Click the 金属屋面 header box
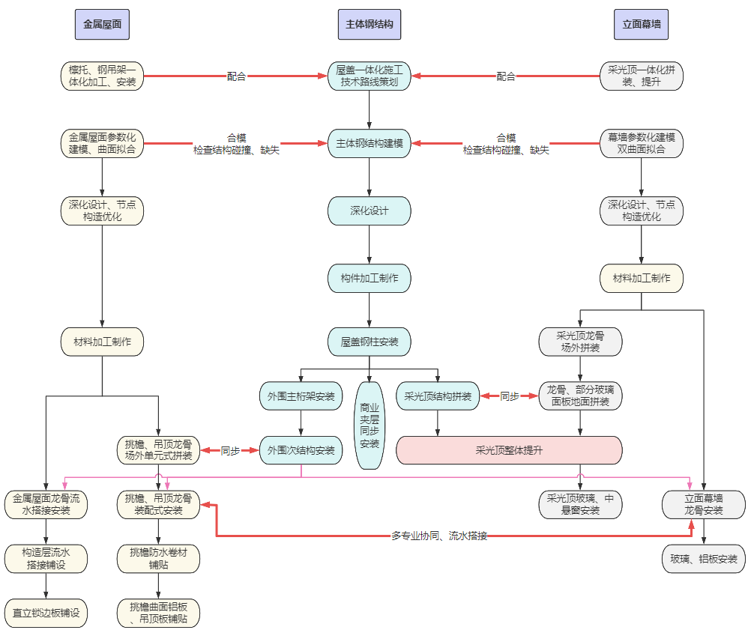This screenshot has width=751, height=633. (x=102, y=25)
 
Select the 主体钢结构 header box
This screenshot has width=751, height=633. (x=370, y=25)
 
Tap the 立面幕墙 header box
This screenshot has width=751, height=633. (x=642, y=25)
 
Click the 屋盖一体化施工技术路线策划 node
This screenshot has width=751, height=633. (x=370, y=76)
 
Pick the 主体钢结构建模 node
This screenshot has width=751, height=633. (x=370, y=143)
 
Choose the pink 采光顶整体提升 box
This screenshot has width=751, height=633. (x=509, y=450)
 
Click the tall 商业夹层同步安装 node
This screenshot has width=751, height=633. (x=370, y=425)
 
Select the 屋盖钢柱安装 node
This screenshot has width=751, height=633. (x=370, y=342)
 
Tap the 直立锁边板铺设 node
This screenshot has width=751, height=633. (x=46, y=613)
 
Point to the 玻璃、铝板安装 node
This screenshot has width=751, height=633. (x=704, y=559)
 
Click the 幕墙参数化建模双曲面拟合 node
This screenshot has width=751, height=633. (x=642, y=143)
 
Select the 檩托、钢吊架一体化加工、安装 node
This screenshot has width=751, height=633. (x=102, y=76)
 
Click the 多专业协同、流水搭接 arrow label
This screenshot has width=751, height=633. (x=439, y=536)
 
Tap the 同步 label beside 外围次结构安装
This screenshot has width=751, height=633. (x=230, y=450)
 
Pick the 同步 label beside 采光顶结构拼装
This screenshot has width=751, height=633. (x=510, y=396)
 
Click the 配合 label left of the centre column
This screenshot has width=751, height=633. (x=236, y=76)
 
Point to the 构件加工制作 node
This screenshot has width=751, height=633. (x=370, y=278)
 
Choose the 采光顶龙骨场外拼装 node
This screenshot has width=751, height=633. (x=581, y=342)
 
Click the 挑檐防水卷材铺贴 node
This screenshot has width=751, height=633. (x=159, y=559)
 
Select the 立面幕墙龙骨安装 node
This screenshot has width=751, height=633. (x=704, y=505)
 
